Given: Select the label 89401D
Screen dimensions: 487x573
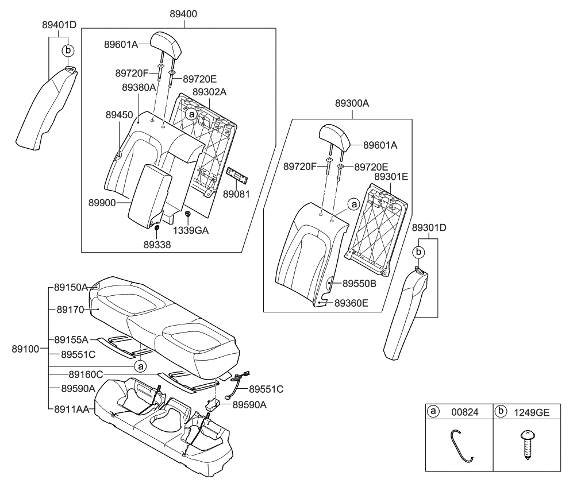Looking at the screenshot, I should click(59, 25).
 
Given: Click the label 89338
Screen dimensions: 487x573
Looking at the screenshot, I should click(156, 245).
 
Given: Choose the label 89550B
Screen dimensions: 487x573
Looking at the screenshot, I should click(360, 283).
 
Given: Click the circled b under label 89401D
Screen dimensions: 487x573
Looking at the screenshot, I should click(68, 50).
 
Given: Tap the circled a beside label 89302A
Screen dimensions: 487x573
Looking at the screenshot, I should click(191, 115).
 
